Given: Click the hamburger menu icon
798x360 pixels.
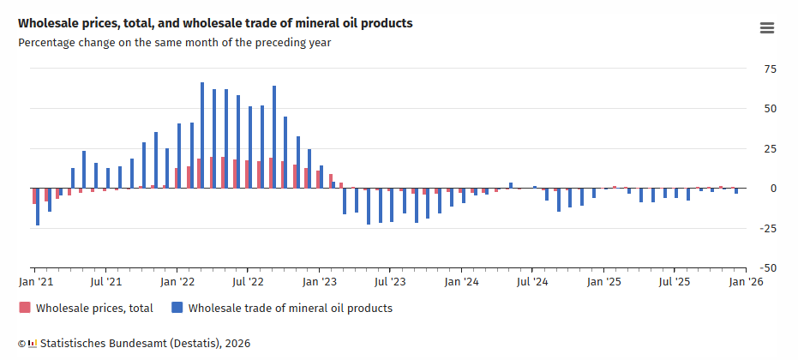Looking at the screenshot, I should [767, 28].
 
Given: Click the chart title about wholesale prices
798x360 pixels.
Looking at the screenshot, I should [215, 23].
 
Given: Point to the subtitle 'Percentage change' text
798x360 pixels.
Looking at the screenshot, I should [174, 42].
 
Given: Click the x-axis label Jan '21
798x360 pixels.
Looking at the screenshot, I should [36, 281].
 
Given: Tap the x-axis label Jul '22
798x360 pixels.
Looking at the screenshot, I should [248, 281].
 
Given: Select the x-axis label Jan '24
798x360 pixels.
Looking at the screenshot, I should [462, 281].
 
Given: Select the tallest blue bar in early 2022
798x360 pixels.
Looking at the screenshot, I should [202, 135].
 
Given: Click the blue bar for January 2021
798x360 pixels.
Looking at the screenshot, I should [38, 207].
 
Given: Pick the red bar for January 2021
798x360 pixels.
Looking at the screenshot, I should [34, 195].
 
